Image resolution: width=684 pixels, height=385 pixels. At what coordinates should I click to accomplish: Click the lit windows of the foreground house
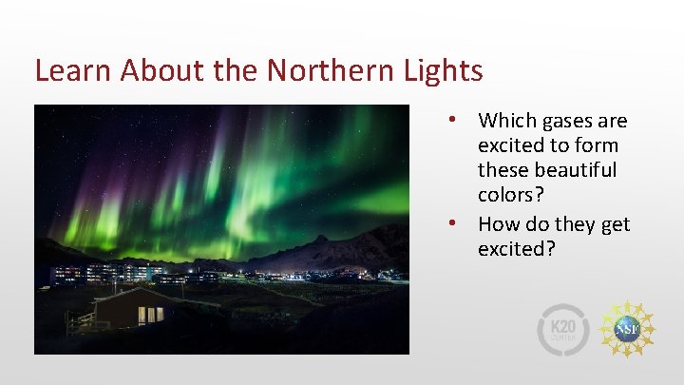[x=150, y=314]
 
